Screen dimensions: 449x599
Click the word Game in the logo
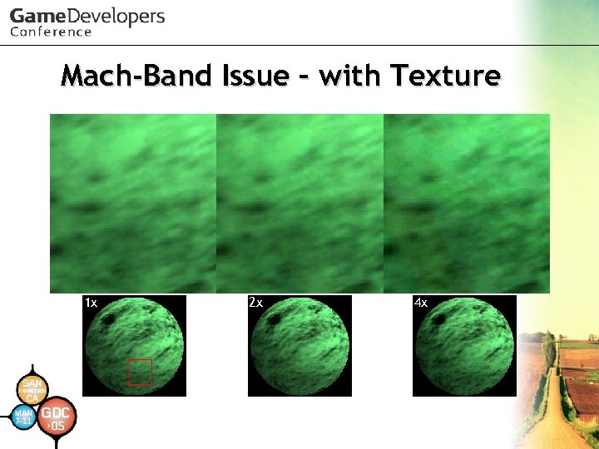[36, 17]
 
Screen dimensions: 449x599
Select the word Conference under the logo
[51, 32]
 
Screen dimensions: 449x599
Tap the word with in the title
[352, 76]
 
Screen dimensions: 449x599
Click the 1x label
[92, 303]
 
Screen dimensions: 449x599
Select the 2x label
[256, 303]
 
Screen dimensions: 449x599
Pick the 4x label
[421, 303]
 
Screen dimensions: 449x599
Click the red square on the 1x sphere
[140, 372]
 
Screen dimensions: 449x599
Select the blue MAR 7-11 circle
[25, 417]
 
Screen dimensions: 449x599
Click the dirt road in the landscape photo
[549, 416]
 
